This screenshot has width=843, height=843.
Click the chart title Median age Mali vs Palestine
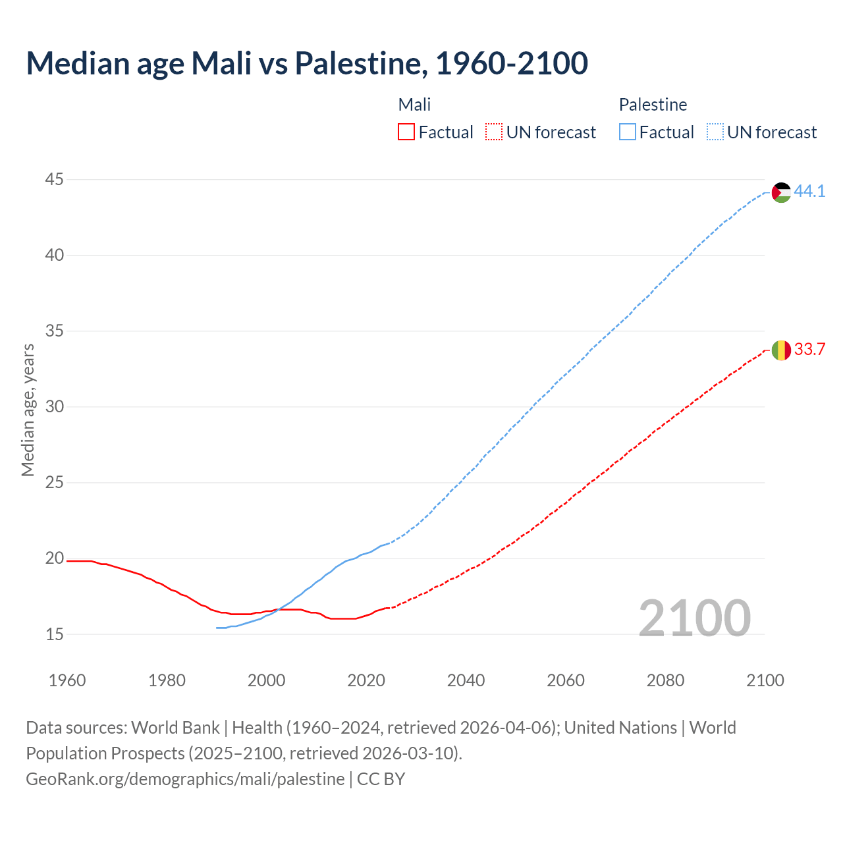(x=307, y=63)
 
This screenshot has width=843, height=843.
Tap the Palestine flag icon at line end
(x=781, y=192)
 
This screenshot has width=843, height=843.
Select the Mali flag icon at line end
(x=781, y=350)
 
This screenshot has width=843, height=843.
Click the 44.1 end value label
(x=809, y=192)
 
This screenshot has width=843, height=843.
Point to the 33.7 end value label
(x=809, y=350)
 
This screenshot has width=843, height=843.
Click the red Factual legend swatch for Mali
(x=406, y=132)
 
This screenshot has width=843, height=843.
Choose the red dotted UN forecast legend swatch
(x=494, y=132)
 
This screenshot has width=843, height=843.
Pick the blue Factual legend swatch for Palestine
(x=628, y=132)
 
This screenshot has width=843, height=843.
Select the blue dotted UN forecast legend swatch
(x=715, y=132)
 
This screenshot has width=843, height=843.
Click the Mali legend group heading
(x=414, y=105)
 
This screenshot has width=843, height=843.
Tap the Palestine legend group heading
(x=653, y=105)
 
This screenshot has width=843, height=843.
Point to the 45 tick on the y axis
(x=55, y=179)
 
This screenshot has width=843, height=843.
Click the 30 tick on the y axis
(x=55, y=407)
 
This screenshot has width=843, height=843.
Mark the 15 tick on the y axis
(x=55, y=634)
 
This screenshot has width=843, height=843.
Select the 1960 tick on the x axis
(x=67, y=680)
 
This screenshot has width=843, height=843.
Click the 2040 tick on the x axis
(x=466, y=680)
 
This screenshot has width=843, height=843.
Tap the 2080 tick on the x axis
(x=665, y=680)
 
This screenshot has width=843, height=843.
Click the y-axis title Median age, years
(x=28, y=410)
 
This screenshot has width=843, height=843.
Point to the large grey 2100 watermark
(x=695, y=618)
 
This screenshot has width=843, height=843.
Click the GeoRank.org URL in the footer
(x=185, y=779)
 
